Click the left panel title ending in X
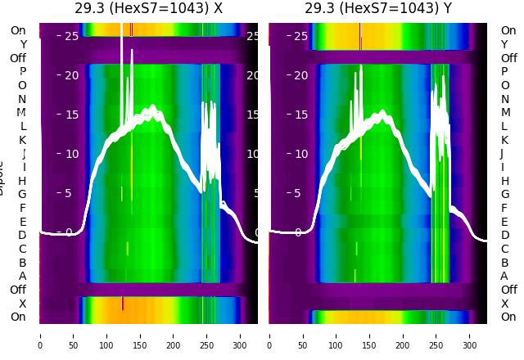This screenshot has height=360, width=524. tap(148, 9)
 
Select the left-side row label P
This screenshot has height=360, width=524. tap(23, 72)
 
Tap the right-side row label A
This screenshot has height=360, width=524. tap(504, 276)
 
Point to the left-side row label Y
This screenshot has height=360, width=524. tap(23, 44)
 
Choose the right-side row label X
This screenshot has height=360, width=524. tap(504, 304)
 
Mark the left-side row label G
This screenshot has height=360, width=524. tap(23, 194)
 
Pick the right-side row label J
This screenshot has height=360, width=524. tap(502, 153)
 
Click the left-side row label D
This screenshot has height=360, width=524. tap(23, 235)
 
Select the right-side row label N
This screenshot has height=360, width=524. tap(504, 99)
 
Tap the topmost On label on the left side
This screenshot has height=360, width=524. tap(18, 31)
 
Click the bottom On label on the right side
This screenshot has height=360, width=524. tap(508, 317)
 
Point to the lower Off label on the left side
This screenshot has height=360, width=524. tap(18, 290)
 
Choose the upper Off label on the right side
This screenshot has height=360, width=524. tap(508, 58)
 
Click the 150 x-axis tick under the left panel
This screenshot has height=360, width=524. tap(140, 335)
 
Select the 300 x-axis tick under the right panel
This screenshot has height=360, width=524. tap(470, 335)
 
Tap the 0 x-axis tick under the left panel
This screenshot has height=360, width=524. tap(40, 335)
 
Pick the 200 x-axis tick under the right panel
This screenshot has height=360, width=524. tap(404, 335)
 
